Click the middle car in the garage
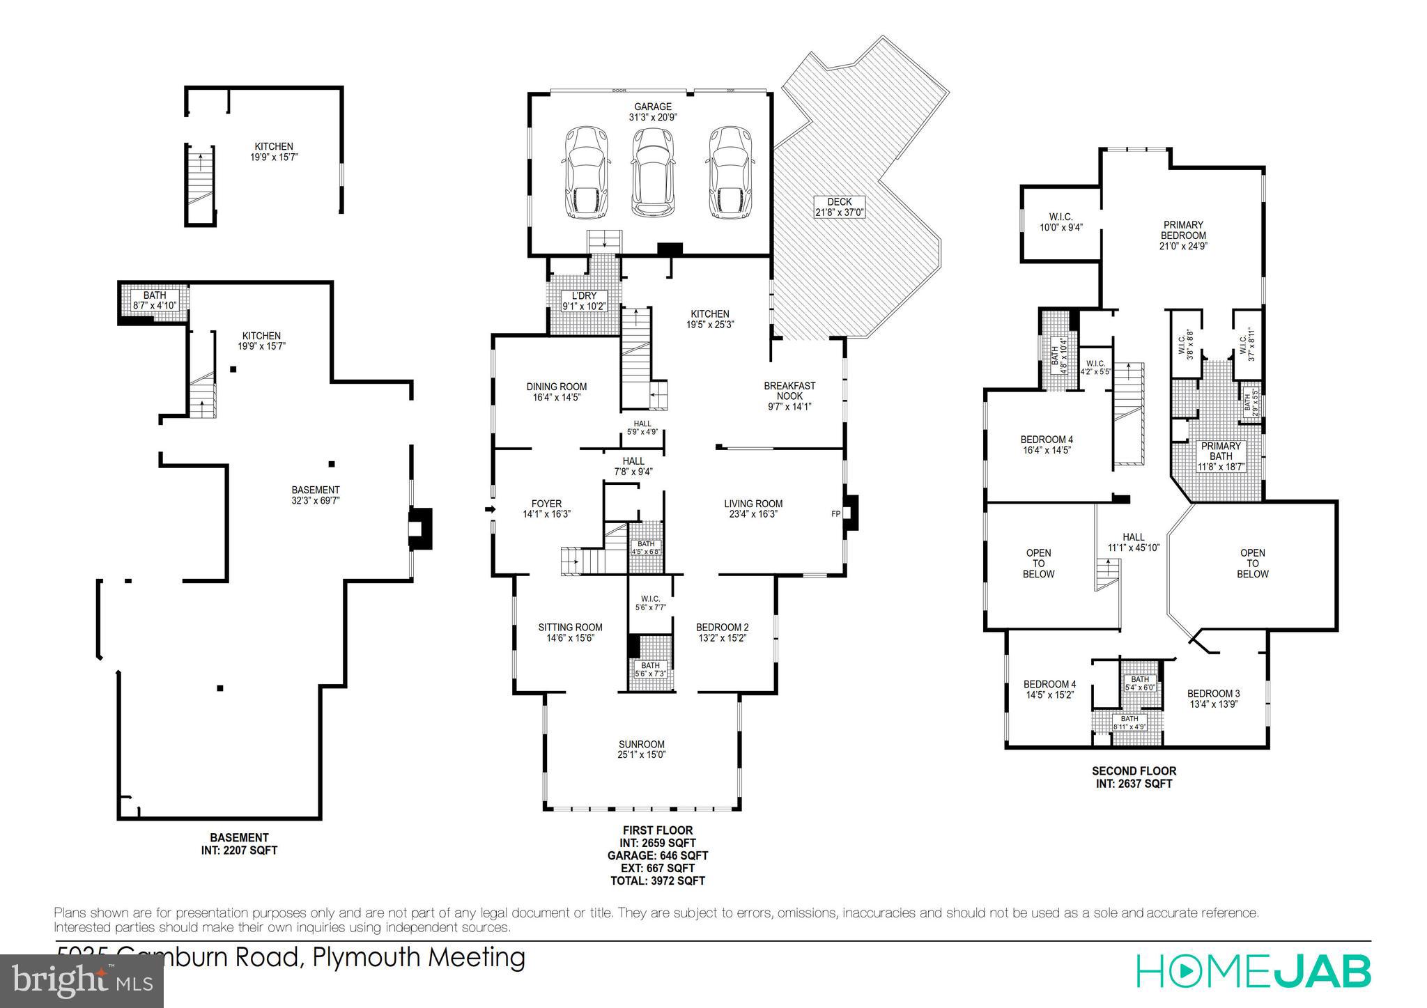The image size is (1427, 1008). click(x=653, y=172)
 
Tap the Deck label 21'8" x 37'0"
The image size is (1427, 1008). click(x=840, y=207)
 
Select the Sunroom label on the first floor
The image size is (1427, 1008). click(x=641, y=750)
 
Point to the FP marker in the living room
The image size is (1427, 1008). click(x=835, y=514)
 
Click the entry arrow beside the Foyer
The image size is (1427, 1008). click(x=490, y=510)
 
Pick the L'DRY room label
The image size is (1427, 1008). click(x=583, y=300)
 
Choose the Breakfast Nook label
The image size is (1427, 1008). click(x=789, y=396)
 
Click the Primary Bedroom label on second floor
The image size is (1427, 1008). click(x=1183, y=235)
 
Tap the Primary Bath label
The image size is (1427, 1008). click(x=1221, y=456)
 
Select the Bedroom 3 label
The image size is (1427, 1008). click(x=1213, y=698)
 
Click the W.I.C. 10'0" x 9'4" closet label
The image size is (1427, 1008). click(x=1060, y=222)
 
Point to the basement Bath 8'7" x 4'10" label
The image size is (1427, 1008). click(x=155, y=300)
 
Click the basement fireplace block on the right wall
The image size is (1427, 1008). click(x=420, y=528)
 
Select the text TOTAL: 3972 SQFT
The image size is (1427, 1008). click(x=658, y=881)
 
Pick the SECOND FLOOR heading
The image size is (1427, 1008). click(x=1134, y=771)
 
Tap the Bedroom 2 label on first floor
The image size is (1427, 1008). click(x=722, y=633)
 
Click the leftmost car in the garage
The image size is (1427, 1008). click(x=587, y=172)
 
